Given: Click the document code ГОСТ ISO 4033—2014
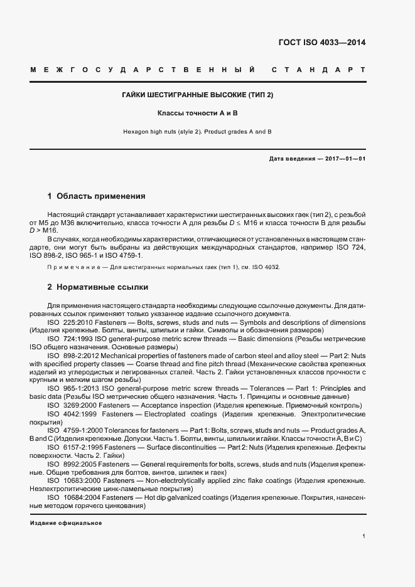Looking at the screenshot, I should point(321,43).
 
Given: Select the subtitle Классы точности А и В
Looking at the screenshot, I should point(198,114).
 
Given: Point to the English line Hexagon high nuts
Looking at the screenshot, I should point(198,132).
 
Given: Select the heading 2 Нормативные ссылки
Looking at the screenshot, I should point(98,287).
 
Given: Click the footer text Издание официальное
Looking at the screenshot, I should point(66,523).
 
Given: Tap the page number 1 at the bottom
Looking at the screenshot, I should point(364,536).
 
